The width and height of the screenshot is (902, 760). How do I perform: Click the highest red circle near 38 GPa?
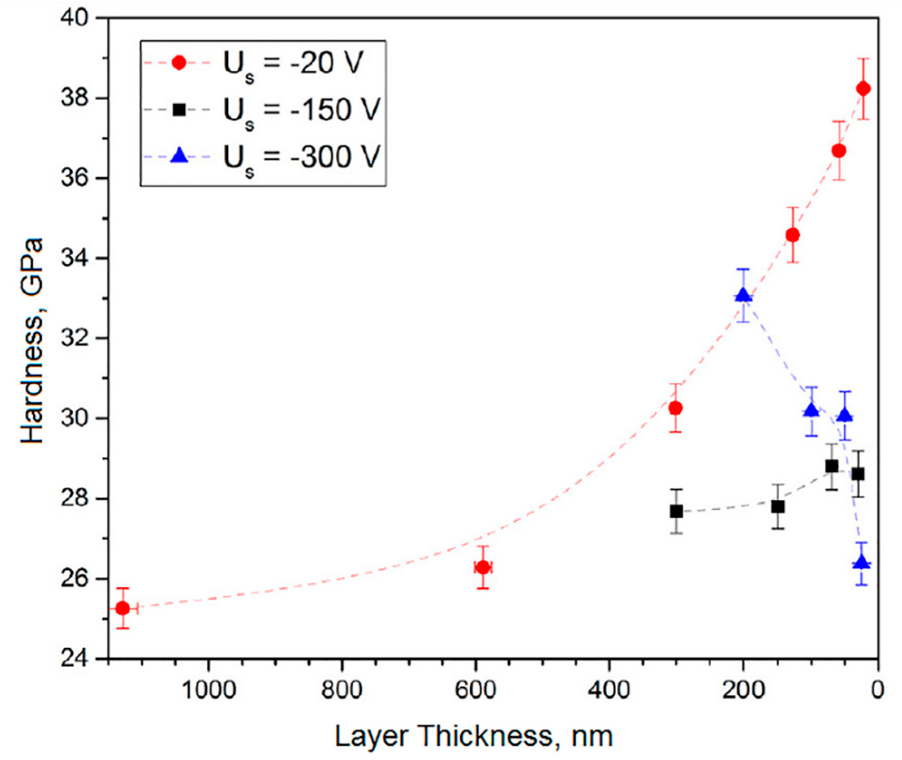(863, 89)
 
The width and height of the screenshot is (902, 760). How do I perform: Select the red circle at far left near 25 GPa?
(123, 608)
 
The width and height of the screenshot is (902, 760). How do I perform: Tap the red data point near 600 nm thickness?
(483, 568)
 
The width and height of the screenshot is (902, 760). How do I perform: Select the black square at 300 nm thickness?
(676, 512)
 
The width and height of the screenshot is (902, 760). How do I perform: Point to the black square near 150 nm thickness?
(777, 507)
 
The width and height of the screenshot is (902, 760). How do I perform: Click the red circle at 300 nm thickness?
(676, 408)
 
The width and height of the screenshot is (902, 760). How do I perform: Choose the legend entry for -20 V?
(293, 63)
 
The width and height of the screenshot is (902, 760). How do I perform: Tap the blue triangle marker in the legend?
(179, 155)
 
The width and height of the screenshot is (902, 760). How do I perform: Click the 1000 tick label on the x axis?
(209, 690)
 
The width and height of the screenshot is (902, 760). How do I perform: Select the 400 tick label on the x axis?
(609, 690)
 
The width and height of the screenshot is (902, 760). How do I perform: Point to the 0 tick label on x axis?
(877, 690)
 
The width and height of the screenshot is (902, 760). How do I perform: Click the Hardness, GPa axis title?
(32, 340)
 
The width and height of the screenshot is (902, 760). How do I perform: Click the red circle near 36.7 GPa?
(838, 151)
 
